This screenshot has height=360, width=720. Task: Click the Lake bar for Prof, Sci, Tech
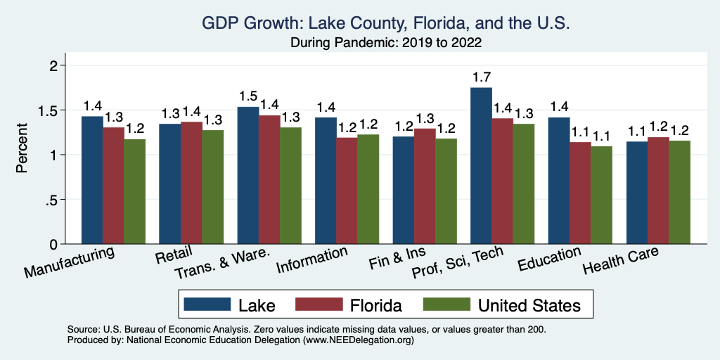[x=481, y=166]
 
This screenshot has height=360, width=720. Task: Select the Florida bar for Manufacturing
[x=114, y=186]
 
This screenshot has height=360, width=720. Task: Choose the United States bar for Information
[x=368, y=189]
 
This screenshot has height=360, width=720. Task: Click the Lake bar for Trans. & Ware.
[x=248, y=175]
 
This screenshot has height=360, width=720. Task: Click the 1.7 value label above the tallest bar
[x=482, y=76]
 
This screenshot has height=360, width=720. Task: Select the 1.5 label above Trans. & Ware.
[x=248, y=96]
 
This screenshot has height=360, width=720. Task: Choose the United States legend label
[x=529, y=305]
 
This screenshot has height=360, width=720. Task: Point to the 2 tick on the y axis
[x=51, y=65]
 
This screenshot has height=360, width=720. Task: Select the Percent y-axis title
[x=22, y=149]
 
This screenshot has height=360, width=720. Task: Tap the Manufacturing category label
[x=69, y=262]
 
